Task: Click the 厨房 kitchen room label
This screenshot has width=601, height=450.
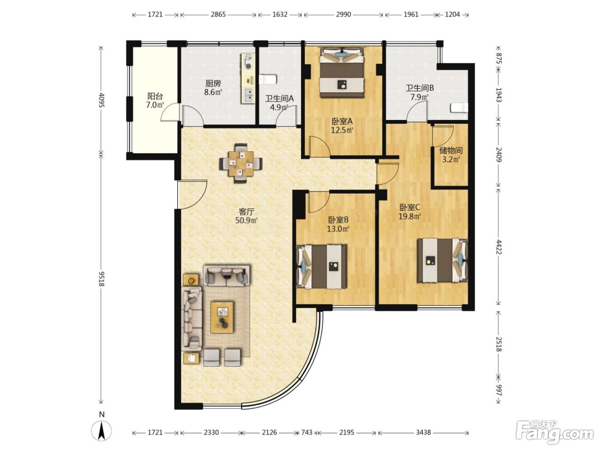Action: coord(213,83)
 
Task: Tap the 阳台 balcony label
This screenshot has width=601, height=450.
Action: coord(155,96)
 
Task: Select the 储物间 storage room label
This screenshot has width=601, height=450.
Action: coord(451,150)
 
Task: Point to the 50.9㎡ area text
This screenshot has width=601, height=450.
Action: coord(246,220)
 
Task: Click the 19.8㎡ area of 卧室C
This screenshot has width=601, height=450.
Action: coord(410,216)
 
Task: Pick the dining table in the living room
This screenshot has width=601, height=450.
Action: coord(241,163)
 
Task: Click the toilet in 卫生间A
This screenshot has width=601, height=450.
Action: coord(268,79)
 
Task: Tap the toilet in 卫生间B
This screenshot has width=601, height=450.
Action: coord(459,108)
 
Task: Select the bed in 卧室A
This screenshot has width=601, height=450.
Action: coord(343,72)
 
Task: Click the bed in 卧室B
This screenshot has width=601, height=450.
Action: coord(322,267)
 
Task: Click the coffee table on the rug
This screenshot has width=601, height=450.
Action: coord(222,317)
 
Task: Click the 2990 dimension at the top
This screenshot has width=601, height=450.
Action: coord(343,15)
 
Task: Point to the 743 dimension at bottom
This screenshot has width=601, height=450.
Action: coord(307,432)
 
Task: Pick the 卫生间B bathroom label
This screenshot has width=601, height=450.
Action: coord(419,88)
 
